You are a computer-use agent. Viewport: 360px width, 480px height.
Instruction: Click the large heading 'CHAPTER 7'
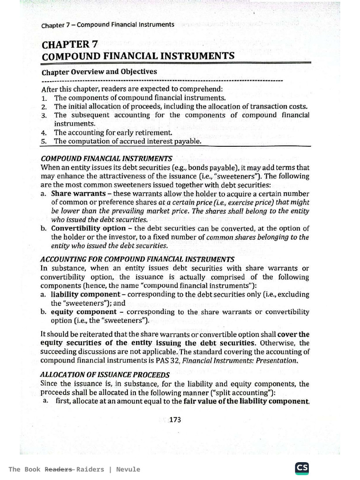coord(69,45)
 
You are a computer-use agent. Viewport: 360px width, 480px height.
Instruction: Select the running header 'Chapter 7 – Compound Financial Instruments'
coord(108,24)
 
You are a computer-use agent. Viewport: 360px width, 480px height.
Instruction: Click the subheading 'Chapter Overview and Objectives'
coord(99,72)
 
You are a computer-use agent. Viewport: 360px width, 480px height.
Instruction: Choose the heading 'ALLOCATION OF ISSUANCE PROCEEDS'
coord(105,375)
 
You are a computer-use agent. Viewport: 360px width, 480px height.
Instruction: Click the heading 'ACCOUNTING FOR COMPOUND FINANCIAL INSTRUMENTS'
coord(137,259)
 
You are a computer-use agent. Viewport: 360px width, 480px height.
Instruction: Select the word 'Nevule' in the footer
coord(128,469)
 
